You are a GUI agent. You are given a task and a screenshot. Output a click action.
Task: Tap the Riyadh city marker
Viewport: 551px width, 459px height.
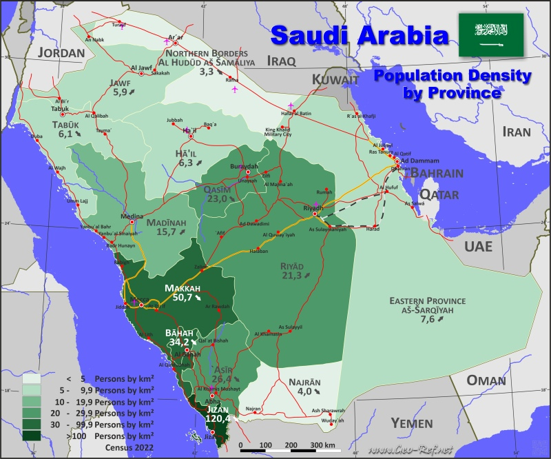(315, 214)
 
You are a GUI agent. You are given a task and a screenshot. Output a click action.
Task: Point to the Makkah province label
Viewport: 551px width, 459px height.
(183, 288)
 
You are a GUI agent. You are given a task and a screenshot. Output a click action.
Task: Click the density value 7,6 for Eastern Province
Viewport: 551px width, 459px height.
(427, 319)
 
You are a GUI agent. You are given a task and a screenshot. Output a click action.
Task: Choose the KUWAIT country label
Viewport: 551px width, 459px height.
(335, 80)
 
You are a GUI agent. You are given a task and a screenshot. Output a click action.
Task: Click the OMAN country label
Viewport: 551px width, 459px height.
(486, 380)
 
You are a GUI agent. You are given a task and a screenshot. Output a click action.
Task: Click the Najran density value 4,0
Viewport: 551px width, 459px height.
(304, 391)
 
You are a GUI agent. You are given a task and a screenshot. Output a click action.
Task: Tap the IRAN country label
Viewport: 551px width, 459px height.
(516, 132)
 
